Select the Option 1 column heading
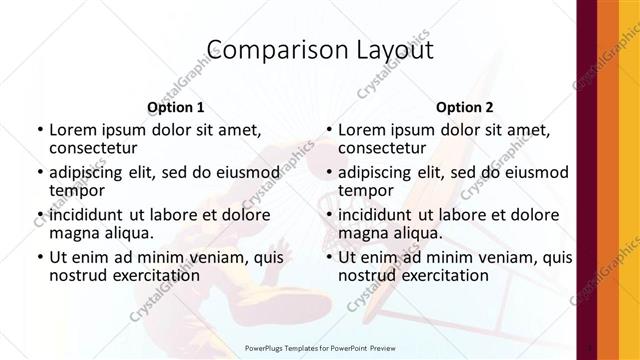pyautogui.click(x=175, y=107)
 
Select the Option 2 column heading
pyautogui.click(x=464, y=107)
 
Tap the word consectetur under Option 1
pyautogui.click(x=95, y=149)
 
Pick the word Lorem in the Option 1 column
pyautogui.click(x=73, y=130)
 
